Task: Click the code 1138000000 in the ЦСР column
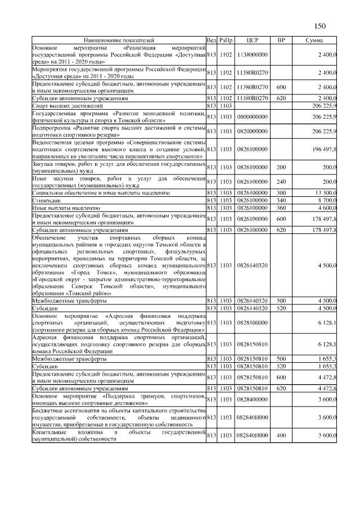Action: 253,55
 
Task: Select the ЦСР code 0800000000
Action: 253,116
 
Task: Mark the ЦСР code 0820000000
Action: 253,131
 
